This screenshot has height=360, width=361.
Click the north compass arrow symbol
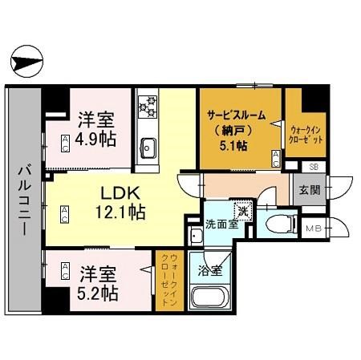[26, 61]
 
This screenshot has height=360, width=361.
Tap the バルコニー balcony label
[25, 200]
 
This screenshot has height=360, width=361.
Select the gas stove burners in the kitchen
[148, 107]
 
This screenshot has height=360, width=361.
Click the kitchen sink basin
[148, 148]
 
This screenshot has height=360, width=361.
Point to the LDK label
[120, 193]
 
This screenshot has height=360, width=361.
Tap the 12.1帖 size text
[120, 212]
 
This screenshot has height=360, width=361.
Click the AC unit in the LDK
[64, 214]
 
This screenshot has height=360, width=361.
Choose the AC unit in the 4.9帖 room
[65, 144]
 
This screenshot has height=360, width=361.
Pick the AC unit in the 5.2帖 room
[65, 271]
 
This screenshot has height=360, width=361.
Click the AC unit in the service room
[276, 159]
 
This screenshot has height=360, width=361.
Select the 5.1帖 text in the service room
[233, 146]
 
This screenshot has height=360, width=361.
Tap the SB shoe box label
[314, 167]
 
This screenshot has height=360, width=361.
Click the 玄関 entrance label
[310, 190]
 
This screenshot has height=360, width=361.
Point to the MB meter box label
[314, 229]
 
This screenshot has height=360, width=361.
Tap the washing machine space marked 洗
[243, 210]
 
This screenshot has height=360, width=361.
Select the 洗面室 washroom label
[221, 225]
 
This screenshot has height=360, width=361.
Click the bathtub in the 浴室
[209, 298]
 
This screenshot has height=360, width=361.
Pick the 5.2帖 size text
[98, 293]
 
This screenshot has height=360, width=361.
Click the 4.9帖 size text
[95, 139]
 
